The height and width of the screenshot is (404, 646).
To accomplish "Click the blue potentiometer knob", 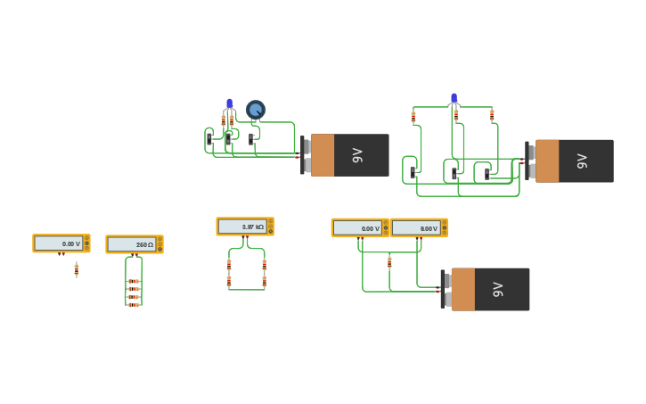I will click(256, 110).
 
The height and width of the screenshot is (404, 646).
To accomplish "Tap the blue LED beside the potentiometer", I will click(229, 104).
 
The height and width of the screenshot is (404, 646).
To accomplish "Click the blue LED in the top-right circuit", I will click(454, 98).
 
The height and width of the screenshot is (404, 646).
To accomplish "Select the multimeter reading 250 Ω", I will click(134, 244).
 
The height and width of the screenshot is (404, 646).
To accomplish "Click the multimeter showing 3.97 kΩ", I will click(244, 227).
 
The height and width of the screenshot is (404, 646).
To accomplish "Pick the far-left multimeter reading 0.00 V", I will click(61, 243).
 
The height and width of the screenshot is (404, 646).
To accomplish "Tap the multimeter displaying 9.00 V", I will click(418, 228).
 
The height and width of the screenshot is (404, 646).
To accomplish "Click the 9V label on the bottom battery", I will click(499, 289).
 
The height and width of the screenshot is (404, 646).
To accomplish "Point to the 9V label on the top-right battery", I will click(583, 161).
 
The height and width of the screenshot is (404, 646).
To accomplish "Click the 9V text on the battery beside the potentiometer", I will click(358, 155).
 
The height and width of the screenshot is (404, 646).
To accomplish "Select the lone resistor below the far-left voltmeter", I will click(77, 268).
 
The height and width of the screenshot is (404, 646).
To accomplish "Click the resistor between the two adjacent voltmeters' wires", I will click(389, 261).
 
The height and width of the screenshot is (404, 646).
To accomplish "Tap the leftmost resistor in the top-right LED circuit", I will click(413, 116).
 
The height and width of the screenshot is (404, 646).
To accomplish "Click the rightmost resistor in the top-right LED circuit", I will click(492, 115).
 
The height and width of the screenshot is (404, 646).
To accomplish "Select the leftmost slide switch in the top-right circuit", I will click(413, 172).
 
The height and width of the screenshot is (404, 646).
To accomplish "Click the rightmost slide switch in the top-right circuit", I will click(487, 173).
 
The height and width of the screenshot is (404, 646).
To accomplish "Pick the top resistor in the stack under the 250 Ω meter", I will click(134, 281).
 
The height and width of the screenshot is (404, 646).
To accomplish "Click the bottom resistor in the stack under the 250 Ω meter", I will click(134, 305).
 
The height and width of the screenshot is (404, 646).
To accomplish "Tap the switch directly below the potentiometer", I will click(251, 139).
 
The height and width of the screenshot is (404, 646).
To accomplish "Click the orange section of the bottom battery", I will click(462, 289).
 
